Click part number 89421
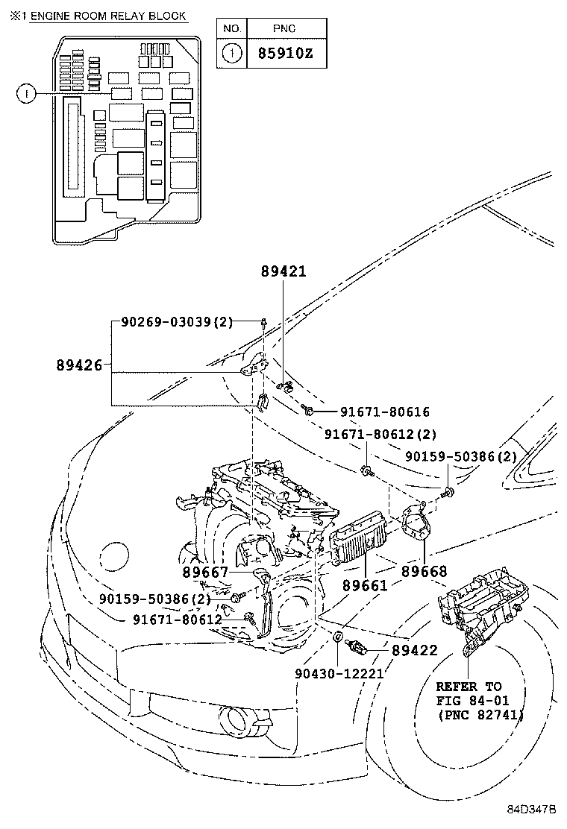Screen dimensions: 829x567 click(283, 273)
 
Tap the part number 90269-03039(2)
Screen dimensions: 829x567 click(177, 322)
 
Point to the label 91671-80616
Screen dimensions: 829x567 click(385, 412)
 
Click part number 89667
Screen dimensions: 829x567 click(205, 573)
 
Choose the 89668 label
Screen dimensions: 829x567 click(424, 571)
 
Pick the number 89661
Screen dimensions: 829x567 click(366, 585)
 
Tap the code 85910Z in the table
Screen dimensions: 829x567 click(284, 54)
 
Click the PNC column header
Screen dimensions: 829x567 click(284, 28)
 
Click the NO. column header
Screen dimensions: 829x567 click(232, 28)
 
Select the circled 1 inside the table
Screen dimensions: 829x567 click(232, 54)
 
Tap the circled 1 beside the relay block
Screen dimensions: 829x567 click(26, 93)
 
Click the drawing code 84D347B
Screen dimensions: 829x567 click(533, 810)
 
